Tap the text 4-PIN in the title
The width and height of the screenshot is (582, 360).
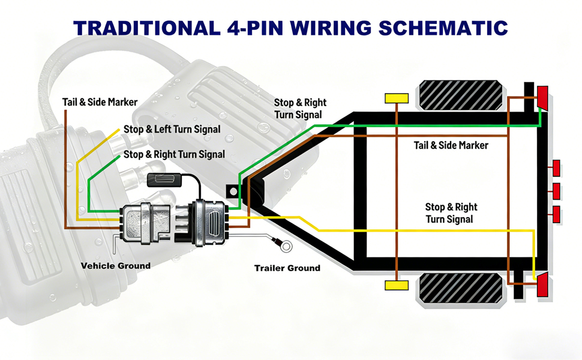[255, 28]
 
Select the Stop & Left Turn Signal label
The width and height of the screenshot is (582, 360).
[172, 129]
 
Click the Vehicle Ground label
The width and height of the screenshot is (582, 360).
[116, 266]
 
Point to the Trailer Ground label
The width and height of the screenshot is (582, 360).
[287, 268]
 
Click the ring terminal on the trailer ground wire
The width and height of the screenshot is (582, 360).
[286, 247]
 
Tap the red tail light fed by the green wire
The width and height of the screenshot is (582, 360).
[542, 97]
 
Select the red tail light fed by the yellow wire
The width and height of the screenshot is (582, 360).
[542, 284]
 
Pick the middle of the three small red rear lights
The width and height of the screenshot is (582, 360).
[556, 191]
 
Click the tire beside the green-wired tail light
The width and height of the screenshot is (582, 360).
[461, 95]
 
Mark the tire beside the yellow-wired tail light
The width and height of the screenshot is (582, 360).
[461, 288]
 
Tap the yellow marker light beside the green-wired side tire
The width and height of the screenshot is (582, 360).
[397, 98]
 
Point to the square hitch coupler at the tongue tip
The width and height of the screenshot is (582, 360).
[232, 191]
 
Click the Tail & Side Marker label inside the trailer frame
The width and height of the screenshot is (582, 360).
[451, 145]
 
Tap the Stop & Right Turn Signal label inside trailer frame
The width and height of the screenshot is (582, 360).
[451, 213]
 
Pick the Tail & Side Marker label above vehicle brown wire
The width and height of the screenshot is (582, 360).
[100, 102]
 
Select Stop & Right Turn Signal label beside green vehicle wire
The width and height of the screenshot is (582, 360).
[174, 154]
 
